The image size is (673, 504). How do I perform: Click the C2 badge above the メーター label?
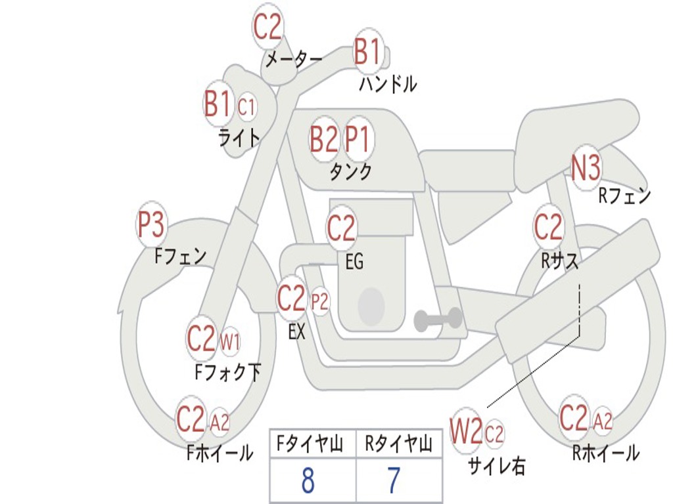tap(267, 27)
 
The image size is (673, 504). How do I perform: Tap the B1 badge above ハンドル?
tap(367, 51)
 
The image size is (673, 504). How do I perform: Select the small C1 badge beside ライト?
tap(246, 106)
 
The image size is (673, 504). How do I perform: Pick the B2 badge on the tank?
tap(324, 139)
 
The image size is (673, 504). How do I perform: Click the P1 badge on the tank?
tap(358, 139)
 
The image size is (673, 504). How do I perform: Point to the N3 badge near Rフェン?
tap(586, 168)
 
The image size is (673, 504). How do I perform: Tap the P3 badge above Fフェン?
tap(151, 225)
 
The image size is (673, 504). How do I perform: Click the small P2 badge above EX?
tap(319, 302)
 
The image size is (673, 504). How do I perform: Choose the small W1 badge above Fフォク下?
tap(229, 341)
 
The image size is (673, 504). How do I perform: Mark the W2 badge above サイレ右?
tap(466, 432)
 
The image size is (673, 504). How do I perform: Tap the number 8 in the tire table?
tap(308, 481)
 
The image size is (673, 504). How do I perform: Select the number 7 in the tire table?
tap(393, 481)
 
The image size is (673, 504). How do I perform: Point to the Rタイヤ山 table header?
tap(398, 446)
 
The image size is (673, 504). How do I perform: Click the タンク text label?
tap(350, 172)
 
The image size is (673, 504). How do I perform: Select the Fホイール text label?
tap(220, 453)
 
